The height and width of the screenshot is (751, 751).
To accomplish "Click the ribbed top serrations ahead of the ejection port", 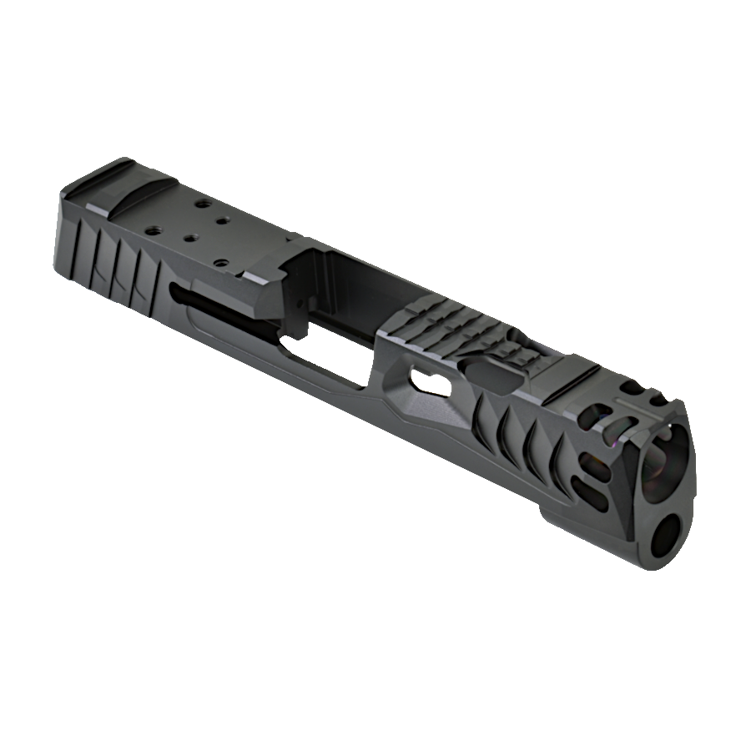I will [x=442, y=334].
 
